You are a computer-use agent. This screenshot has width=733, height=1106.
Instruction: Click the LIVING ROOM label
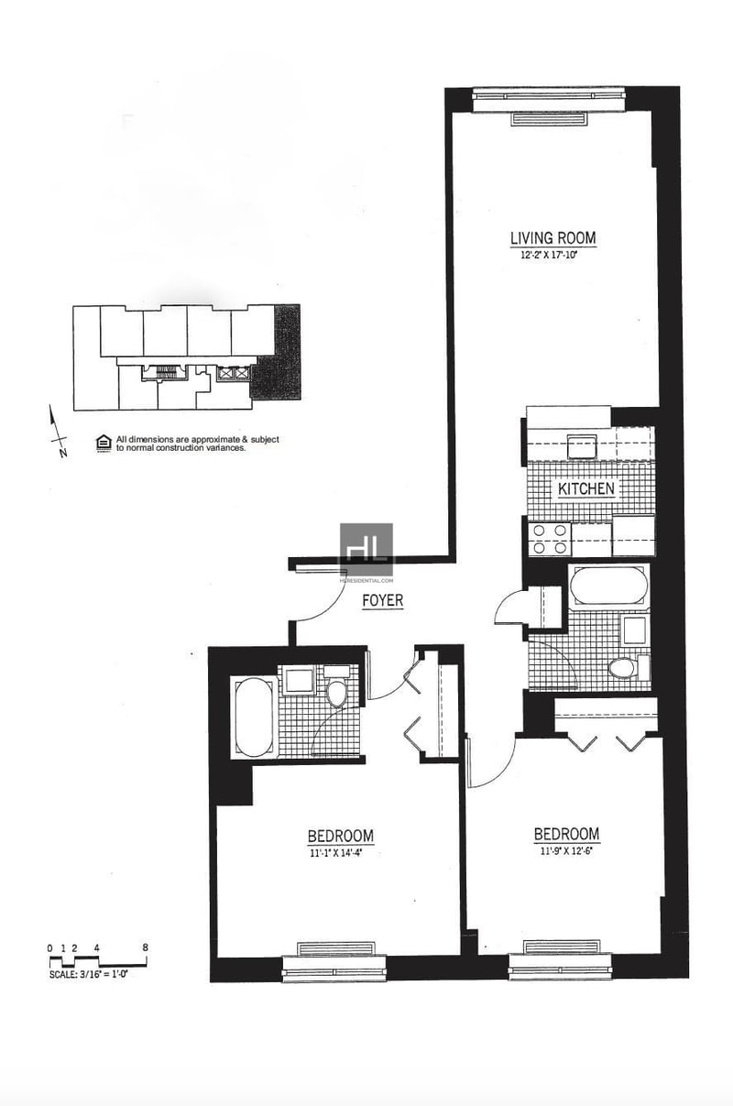552,238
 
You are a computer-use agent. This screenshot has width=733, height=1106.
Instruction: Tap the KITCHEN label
586,489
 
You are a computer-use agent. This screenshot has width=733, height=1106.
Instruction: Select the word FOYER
383,601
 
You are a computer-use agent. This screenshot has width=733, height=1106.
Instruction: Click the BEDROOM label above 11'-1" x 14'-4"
340,836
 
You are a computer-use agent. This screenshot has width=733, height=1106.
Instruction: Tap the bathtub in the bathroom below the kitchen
607,586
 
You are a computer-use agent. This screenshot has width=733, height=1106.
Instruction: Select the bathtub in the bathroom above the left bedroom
250,717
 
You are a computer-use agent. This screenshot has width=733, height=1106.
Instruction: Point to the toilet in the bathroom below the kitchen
624,666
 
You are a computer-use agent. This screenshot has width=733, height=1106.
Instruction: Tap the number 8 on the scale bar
145,949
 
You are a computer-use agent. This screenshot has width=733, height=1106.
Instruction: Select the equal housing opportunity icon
104,443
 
